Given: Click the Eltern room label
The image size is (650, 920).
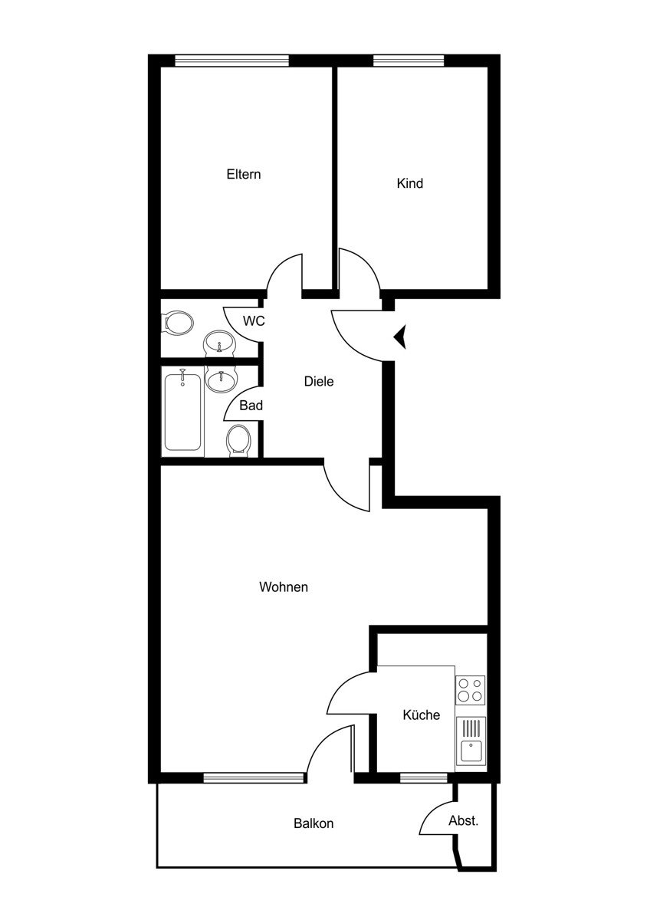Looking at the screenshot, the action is point(244,174).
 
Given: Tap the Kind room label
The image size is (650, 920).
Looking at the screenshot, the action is point(410,183).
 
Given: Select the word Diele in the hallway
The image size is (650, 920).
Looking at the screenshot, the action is point(319,382).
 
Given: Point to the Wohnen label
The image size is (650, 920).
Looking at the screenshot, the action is point(284,587).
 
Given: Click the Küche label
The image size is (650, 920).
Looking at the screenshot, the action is point(422,715).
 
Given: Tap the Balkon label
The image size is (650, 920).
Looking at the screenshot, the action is point(314,823).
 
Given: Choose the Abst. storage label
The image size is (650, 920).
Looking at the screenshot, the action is point(463,820).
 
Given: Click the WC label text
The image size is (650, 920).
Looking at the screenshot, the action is point(254,320).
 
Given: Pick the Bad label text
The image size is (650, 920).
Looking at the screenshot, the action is point(251,406).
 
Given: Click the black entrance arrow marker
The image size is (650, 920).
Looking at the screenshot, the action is point(400,337).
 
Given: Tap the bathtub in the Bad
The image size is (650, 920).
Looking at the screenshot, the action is point(182,411).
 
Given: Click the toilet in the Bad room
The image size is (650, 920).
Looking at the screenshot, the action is point(238,440).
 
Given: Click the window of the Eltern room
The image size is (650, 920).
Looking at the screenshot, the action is point(232,61).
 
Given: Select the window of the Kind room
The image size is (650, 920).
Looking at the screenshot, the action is point(409,61).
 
